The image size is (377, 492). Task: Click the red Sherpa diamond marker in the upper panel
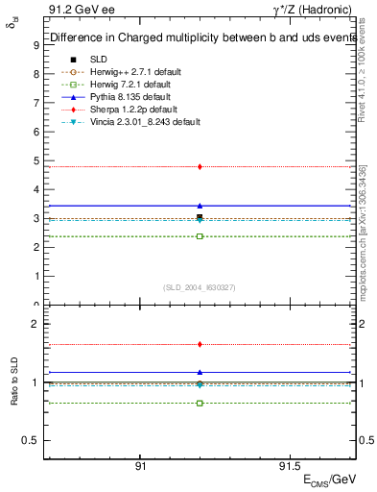[x=200, y=166]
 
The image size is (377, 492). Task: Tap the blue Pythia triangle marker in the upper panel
[x=200, y=206]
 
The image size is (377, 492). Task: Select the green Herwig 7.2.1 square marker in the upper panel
[x=200, y=236]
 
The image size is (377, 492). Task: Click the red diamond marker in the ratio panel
[x=200, y=344]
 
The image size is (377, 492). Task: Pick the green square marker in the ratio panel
[x=200, y=403]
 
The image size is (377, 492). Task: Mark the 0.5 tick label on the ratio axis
[x=32, y=440]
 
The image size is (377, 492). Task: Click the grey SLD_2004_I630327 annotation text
[x=200, y=287]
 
